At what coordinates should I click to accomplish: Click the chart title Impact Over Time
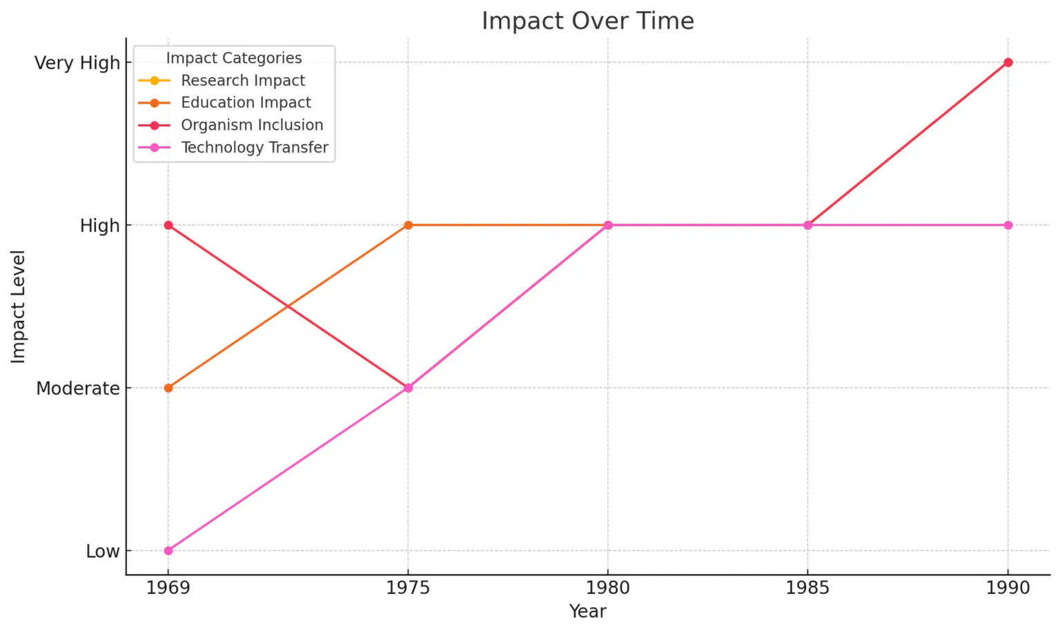pyautogui.click(x=587, y=21)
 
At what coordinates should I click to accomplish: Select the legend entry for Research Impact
pyautogui.click(x=243, y=81)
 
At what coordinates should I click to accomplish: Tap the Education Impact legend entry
pyautogui.click(x=246, y=103)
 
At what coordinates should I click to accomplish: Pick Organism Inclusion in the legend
pyautogui.click(x=252, y=125)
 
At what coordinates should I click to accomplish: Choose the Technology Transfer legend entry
pyautogui.click(x=255, y=148)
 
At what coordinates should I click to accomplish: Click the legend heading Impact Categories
pyautogui.click(x=234, y=58)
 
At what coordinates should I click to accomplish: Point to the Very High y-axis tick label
pyautogui.click(x=77, y=63)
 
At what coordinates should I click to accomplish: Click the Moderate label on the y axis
pyautogui.click(x=78, y=388)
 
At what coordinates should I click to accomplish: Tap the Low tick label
pyautogui.click(x=103, y=551)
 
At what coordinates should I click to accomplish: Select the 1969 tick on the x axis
pyautogui.click(x=168, y=588)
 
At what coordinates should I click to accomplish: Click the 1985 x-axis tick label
pyautogui.click(x=807, y=588)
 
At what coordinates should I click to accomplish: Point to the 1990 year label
pyautogui.click(x=1008, y=588)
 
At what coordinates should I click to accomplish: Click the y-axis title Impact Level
pyautogui.click(x=18, y=306)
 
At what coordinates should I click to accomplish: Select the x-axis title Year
pyautogui.click(x=587, y=611)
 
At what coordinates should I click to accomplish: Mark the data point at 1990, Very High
pyautogui.click(x=1008, y=63)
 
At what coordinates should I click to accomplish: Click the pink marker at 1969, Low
pyautogui.click(x=168, y=551)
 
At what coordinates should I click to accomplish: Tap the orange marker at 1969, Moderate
pyautogui.click(x=168, y=388)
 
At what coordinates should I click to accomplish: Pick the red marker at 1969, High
pyautogui.click(x=168, y=225)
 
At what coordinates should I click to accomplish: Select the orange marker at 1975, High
pyautogui.click(x=408, y=225)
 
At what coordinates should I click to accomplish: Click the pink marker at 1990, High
pyautogui.click(x=1008, y=225)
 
